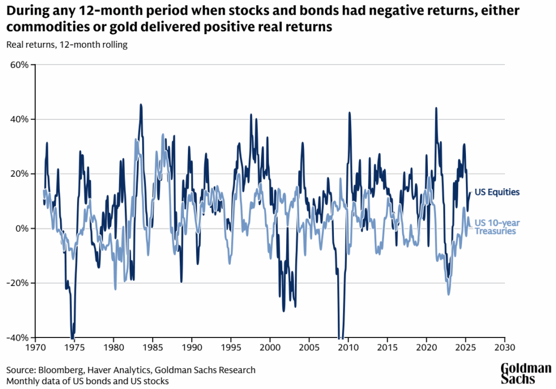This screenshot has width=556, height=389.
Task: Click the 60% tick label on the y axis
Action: click(x=21, y=65)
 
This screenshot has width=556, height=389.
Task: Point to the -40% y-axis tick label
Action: click(x=20, y=337)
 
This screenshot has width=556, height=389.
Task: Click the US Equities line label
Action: click(x=497, y=192)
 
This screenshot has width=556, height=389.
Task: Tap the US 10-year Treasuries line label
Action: click(x=495, y=227)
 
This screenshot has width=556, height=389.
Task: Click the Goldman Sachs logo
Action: click(x=526, y=373)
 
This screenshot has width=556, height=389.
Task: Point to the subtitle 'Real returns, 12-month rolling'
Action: click(x=67, y=44)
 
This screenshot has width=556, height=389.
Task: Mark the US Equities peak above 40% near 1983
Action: click(x=141, y=105)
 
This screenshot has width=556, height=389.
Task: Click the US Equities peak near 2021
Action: click(x=436, y=108)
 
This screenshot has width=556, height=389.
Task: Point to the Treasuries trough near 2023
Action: click(x=448, y=294)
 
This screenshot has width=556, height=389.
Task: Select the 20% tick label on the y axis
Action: click(x=21, y=174)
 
